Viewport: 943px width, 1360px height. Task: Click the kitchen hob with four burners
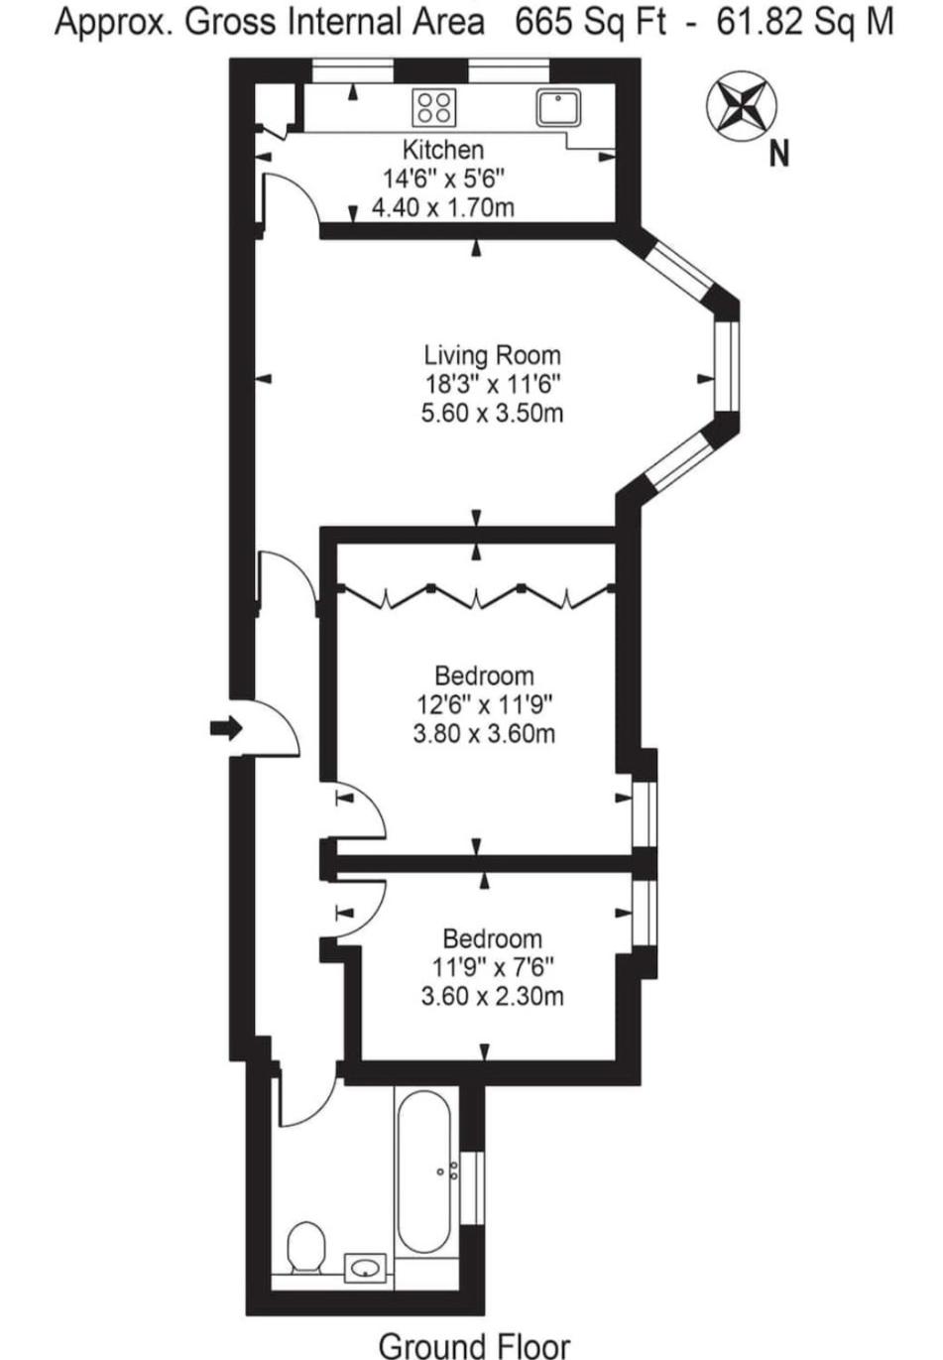coord(433,107)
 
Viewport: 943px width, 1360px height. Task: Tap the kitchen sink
coord(558,107)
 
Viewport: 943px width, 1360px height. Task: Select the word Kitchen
coord(443,150)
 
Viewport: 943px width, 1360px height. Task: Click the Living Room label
coord(492,354)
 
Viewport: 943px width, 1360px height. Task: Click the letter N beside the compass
coord(778,154)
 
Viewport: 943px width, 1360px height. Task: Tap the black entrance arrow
coord(226,728)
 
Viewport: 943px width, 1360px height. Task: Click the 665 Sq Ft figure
coord(589,23)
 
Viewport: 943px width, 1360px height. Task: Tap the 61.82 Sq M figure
coord(804,23)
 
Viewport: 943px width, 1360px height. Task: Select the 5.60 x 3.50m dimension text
coord(492,413)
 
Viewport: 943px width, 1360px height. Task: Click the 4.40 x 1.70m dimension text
coord(443,207)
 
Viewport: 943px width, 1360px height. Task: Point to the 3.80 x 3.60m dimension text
coord(484,734)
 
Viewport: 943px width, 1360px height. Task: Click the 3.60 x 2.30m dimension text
coord(492,996)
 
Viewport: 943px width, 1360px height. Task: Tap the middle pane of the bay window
coord(727,367)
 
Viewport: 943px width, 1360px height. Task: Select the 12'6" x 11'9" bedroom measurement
coord(484,705)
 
